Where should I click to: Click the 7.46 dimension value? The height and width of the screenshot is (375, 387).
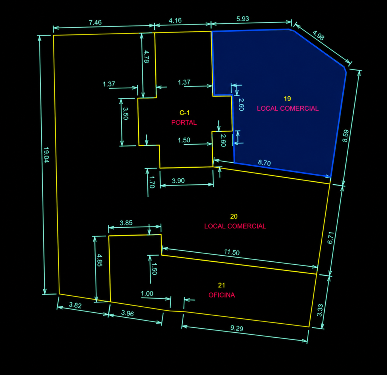click(x=95, y=22)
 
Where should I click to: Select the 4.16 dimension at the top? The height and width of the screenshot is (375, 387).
click(x=175, y=20)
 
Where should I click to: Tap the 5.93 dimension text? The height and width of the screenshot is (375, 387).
click(x=243, y=19)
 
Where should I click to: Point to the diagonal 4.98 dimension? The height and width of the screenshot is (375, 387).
click(x=318, y=35)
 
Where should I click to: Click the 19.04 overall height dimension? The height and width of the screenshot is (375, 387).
click(x=46, y=155)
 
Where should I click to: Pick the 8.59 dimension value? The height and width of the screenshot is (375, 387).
click(x=345, y=136)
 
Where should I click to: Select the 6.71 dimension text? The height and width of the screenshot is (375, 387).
click(x=330, y=238)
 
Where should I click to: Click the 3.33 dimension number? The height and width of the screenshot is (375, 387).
click(x=320, y=310)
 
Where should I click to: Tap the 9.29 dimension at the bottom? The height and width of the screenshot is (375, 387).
click(x=237, y=328)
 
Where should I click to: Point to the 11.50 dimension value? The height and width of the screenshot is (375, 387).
click(x=232, y=252)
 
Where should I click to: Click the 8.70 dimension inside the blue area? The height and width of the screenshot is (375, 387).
click(x=264, y=163)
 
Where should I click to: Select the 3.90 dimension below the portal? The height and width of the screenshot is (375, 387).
click(x=178, y=181)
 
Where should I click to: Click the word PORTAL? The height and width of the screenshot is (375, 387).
click(x=184, y=122)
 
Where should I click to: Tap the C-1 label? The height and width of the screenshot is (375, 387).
click(x=184, y=113)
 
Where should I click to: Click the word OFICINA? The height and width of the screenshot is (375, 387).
click(x=221, y=295)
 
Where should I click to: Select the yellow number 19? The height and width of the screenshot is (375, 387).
click(x=287, y=99)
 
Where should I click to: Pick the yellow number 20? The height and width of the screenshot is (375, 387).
click(x=234, y=216)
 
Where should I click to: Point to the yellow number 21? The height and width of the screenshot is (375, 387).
click(x=221, y=285)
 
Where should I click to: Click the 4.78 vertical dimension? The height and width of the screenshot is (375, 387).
click(x=146, y=57)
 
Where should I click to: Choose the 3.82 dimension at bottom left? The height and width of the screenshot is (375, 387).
click(x=75, y=305)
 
